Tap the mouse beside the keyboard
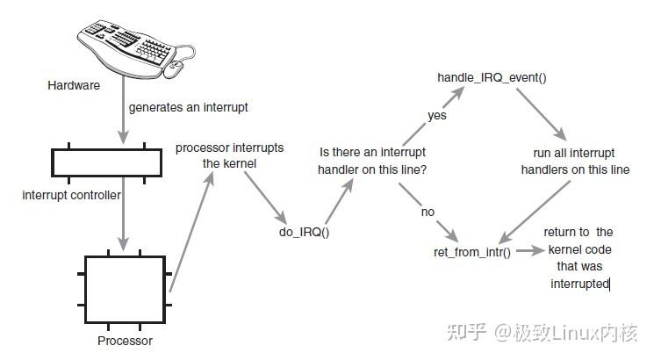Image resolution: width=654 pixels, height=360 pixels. (x=173, y=66)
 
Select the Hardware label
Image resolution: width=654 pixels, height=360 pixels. (x=74, y=86)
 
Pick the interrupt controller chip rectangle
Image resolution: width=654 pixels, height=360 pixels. (x=106, y=162)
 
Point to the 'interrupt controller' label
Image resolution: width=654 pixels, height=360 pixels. (x=71, y=195)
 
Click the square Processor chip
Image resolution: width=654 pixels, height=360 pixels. (x=124, y=287)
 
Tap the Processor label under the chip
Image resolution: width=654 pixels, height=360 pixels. (x=124, y=341)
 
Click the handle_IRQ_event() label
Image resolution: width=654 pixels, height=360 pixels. (x=492, y=77)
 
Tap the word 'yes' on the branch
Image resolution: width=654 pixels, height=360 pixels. (x=436, y=115)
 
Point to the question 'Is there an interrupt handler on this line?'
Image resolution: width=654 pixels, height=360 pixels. (x=373, y=160)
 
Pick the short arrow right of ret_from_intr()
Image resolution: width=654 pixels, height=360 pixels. (x=528, y=251)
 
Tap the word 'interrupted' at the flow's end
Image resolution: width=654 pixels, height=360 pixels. (x=579, y=284)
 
